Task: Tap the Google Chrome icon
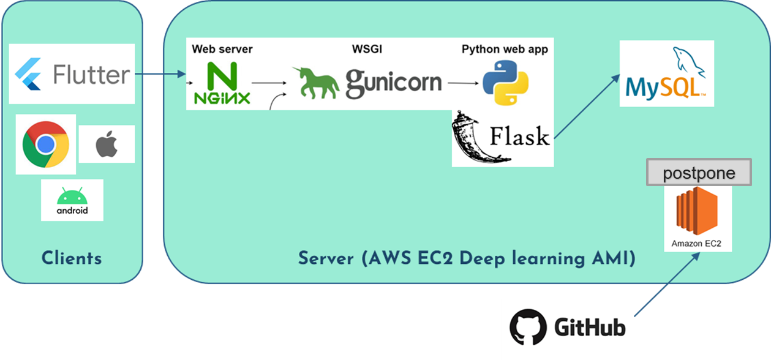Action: (x=45, y=144)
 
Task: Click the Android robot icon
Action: (x=72, y=197)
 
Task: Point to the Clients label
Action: (x=72, y=258)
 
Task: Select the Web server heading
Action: (x=222, y=49)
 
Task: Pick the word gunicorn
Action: (x=394, y=83)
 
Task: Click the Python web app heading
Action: (x=505, y=49)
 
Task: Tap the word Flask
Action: (x=520, y=136)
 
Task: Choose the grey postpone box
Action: (x=699, y=173)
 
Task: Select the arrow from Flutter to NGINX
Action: (x=160, y=75)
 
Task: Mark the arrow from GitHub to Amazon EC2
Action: (x=666, y=285)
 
